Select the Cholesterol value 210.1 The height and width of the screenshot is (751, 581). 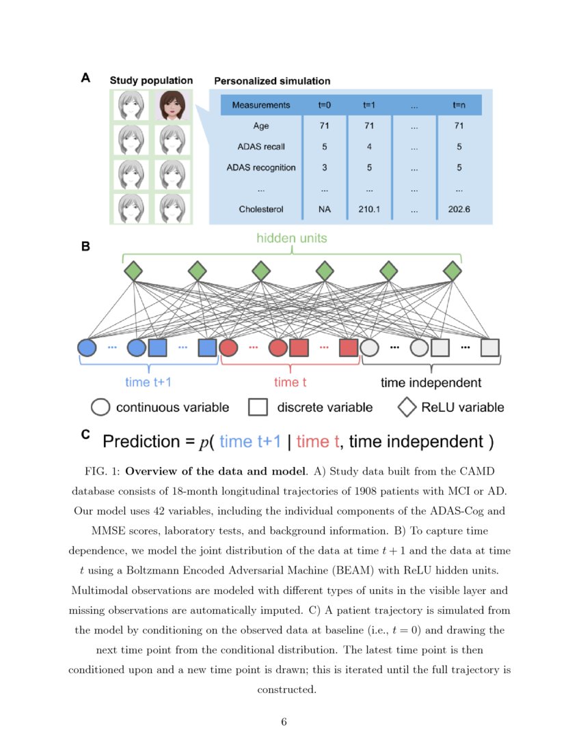click(368, 209)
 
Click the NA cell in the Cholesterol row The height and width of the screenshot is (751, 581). click(324, 209)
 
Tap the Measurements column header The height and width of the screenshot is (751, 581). click(260, 105)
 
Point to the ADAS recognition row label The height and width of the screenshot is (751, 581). click(260, 167)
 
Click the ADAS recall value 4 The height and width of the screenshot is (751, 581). click(368, 147)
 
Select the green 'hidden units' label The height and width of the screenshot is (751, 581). click(292, 238)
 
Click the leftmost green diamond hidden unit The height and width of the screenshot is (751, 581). click(133, 271)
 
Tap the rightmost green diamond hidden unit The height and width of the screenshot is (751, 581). click(452, 271)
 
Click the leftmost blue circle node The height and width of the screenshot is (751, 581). click(87, 348)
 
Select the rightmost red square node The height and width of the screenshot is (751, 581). click(349, 348)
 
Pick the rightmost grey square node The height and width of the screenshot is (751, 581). click(489, 348)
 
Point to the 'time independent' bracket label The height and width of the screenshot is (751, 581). click(431, 382)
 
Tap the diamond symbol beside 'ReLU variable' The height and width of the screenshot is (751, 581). click(407, 408)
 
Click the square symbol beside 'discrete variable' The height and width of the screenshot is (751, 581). click(258, 408)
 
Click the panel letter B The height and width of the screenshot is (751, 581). click(85, 247)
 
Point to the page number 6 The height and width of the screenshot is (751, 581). click(284, 722)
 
